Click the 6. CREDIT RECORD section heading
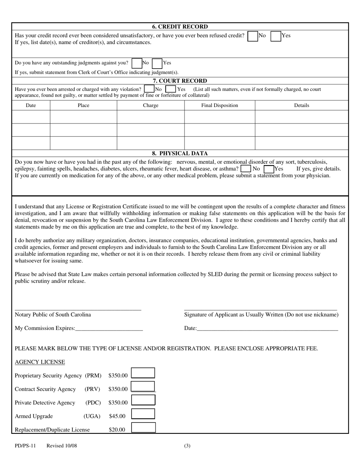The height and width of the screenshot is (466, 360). pos(180,27)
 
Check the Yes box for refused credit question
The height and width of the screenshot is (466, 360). pos(275,36)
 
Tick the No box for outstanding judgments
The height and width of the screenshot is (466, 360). pos(137,63)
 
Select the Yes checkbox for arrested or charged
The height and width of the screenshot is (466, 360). pos(171,89)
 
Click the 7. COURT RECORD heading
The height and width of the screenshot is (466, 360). pos(180,81)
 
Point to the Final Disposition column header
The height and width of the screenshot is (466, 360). pos(219,105)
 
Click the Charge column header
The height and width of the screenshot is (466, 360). pos(150,105)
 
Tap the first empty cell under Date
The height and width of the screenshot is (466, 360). pos(31,117)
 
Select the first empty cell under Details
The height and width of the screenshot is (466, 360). pos(301,117)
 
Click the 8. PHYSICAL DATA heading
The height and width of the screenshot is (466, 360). pos(180,153)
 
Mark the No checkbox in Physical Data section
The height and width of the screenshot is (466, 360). pos(246,169)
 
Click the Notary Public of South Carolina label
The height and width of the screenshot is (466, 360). pos(53,314)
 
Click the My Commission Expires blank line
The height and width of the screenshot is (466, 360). pos(109,328)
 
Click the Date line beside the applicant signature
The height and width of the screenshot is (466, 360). pos(267,328)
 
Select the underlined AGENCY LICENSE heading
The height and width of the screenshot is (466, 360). pos(40,362)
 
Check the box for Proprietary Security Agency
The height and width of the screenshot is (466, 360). pos(143,373)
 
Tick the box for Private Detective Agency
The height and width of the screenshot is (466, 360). pos(143,400)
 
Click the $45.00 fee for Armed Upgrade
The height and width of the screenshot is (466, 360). pos(117,416)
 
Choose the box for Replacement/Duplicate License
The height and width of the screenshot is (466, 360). pos(143,428)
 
